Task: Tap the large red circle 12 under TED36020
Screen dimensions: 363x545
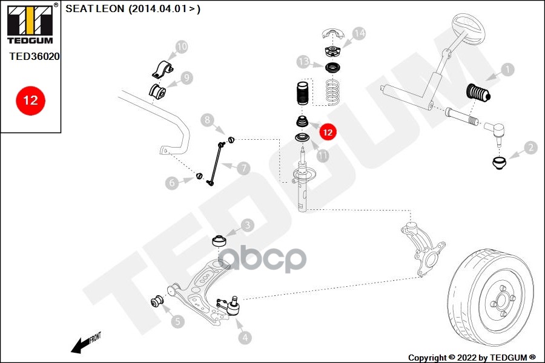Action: [x=30, y=100]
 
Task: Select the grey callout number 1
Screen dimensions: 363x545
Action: [x=506, y=70]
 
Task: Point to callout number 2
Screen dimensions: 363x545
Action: [x=530, y=147]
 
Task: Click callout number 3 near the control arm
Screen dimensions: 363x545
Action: [x=247, y=226]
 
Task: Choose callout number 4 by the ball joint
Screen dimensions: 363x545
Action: [x=245, y=338]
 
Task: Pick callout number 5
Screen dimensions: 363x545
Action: [x=177, y=321]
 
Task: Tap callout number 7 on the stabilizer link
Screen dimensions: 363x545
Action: [x=243, y=168]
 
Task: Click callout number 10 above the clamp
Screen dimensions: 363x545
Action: [x=181, y=46]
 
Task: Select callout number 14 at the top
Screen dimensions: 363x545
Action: [x=359, y=34]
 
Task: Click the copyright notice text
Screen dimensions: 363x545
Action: [x=472, y=358]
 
